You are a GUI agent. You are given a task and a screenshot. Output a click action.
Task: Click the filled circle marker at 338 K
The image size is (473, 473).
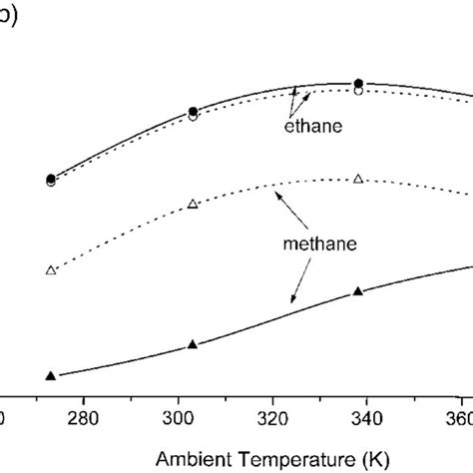pyautogui.click(x=358, y=83)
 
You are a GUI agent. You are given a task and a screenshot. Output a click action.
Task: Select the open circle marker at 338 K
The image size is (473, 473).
pyautogui.click(x=358, y=91)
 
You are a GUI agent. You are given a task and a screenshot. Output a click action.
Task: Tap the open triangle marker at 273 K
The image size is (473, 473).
pyautogui.click(x=51, y=270)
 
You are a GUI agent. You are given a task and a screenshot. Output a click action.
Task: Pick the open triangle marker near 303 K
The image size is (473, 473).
pyautogui.click(x=193, y=204)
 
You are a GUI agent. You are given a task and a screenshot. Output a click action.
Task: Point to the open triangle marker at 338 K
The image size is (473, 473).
pyautogui.click(x=358, y=179)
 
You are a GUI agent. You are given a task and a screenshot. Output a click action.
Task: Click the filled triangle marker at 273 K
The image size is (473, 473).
pyautogui.click(x=51, y=375)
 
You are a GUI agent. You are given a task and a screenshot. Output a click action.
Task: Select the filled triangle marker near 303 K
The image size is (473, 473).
pyautogui.click(x=193, y=344)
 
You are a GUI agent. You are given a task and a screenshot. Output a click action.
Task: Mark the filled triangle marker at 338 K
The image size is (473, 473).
pyautogui.click(x=358, y=291)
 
